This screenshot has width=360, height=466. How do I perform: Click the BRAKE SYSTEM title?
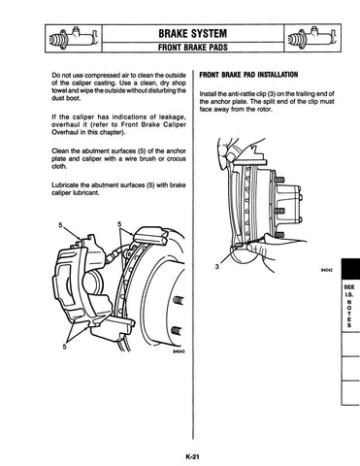[192, 33]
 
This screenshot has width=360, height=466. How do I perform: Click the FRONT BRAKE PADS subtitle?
[193, 48]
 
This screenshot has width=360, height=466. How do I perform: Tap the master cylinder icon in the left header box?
[74, 38]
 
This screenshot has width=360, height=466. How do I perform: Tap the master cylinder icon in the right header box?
[312, 38]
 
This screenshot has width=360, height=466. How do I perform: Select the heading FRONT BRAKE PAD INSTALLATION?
[248, 75]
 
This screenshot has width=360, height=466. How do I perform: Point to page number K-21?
[192, 457]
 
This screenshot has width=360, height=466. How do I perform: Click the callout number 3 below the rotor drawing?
[217, 267]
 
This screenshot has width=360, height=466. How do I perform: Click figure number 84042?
[327, 270]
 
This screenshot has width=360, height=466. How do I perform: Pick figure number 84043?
[179, 351]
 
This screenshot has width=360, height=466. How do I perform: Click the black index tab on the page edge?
[350, 268]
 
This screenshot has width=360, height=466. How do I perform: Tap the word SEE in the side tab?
[349, 287]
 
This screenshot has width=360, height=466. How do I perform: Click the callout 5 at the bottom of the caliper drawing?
[65, 347]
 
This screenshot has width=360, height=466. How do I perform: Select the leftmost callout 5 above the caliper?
[60, 225]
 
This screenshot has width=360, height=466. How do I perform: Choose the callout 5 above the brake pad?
[119, 224]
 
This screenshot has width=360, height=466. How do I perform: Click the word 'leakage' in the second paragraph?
[173, 117]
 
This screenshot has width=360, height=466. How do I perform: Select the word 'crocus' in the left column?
[177, 159]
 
